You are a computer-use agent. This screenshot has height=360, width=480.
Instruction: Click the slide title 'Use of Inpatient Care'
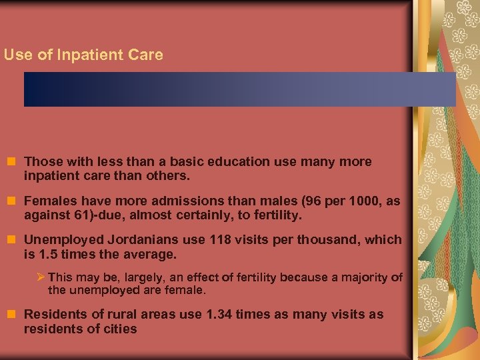click(83, 55)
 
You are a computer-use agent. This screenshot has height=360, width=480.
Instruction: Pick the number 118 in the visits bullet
click(222, 239)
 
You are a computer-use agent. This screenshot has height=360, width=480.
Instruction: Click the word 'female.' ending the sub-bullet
click(189, 291)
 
